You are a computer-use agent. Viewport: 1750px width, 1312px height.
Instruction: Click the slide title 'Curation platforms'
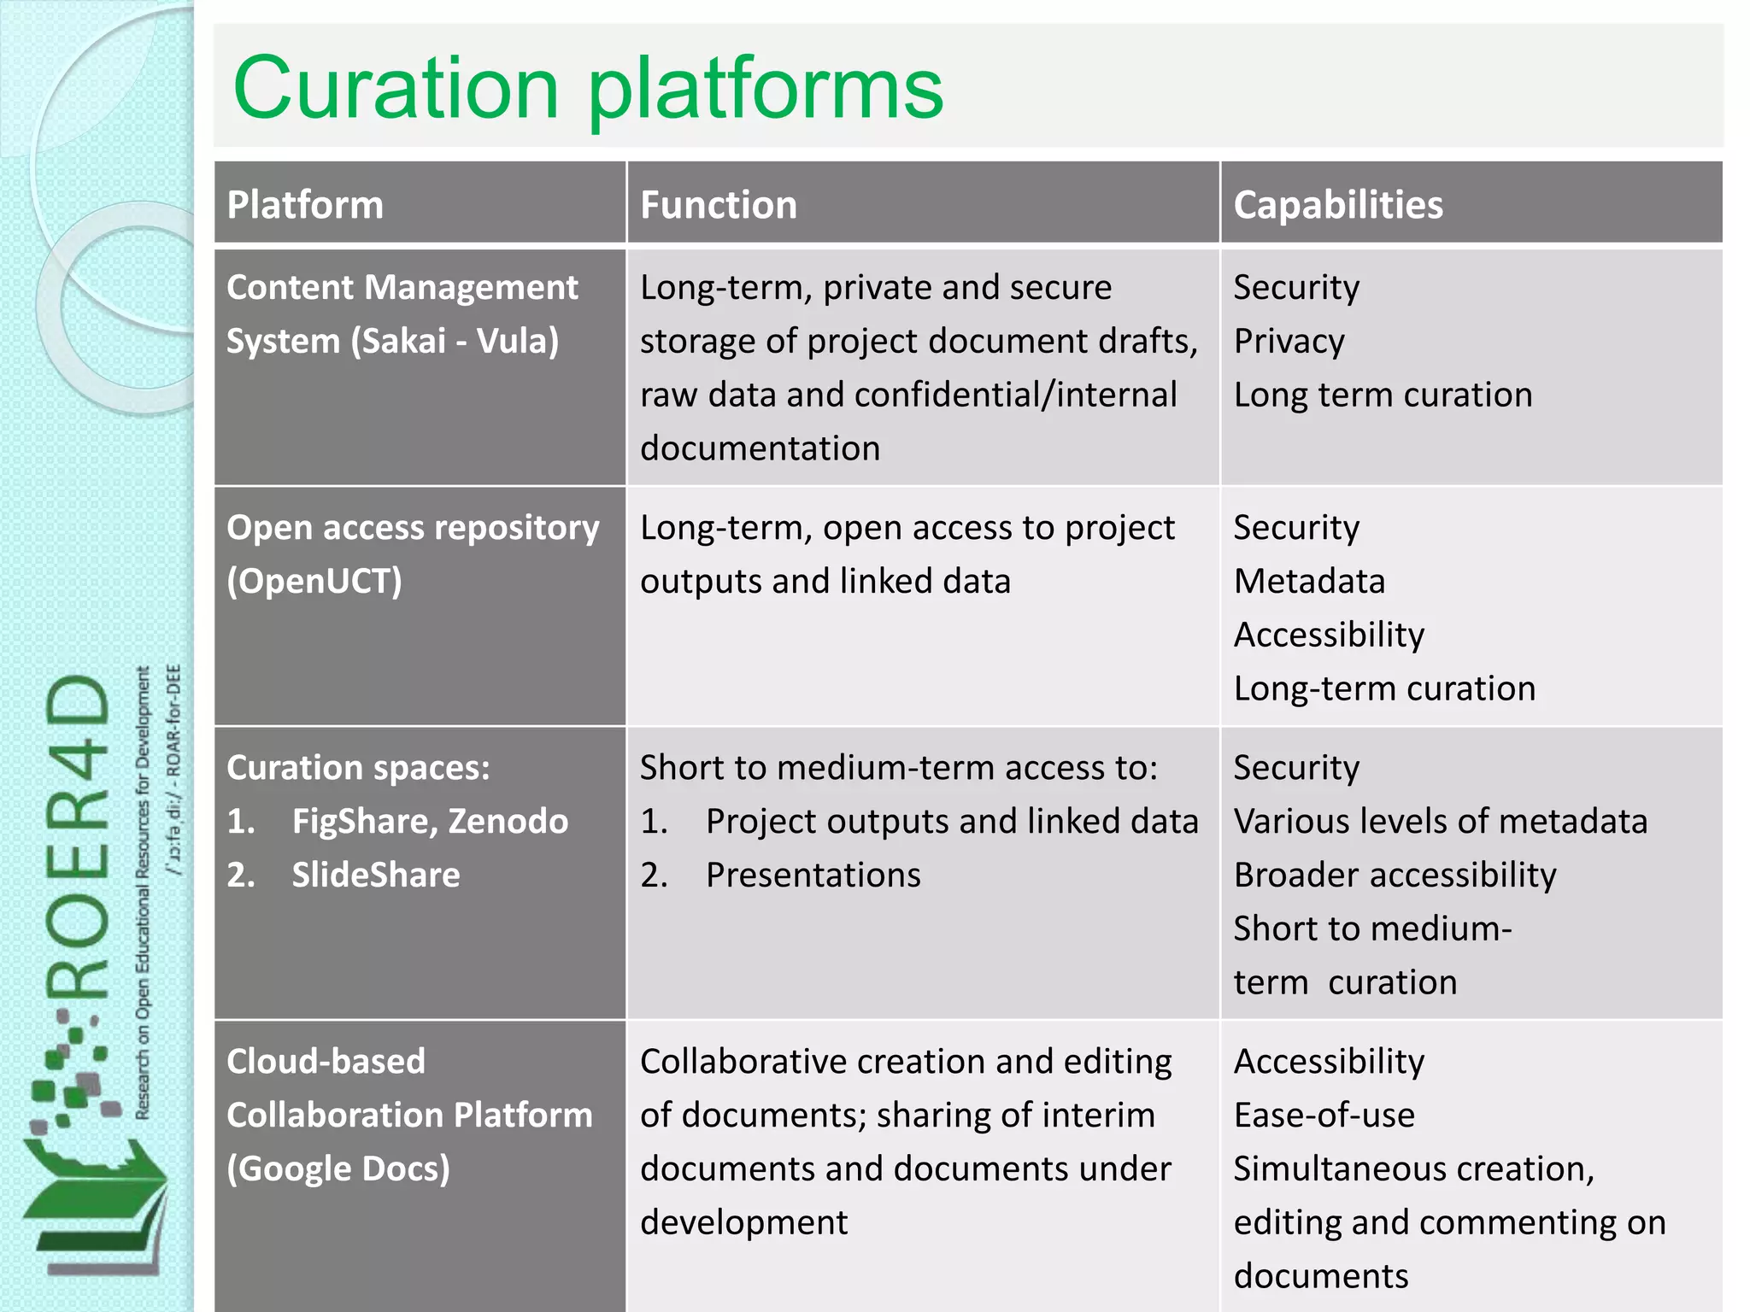[588, 88]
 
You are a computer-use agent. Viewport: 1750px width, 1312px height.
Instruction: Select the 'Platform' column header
[305, 205]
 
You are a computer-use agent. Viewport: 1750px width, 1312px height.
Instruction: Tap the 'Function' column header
[718, 205]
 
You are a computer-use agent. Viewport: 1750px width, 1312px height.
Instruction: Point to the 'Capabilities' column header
[1337, 205]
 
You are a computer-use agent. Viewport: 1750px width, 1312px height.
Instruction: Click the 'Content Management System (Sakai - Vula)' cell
[402, 314]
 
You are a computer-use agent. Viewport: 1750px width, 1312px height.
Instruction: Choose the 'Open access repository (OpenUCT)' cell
[413, 553]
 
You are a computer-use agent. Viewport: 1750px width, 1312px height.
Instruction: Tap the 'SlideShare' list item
[376, 875]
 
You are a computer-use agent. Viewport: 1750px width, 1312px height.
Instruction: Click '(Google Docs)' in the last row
[338, 1168]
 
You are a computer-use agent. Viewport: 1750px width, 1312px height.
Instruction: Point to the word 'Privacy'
[1289, 341]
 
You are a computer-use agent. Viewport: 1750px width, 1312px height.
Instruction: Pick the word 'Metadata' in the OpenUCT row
[1309, 581]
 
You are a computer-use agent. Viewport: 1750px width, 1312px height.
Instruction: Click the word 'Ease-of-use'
[1324, 1115]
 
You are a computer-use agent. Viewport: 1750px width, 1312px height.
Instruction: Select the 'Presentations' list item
[813, 875]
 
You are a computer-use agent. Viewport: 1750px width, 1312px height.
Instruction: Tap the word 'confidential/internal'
[1015, 395]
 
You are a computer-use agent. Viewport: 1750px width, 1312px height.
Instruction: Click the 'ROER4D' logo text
[79, 837]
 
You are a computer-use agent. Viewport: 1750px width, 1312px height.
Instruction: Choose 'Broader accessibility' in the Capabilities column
[1395, 875]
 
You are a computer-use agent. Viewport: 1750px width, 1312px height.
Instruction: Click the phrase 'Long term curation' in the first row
[1383, 395]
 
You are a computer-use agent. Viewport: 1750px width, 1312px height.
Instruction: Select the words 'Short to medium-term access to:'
[898, 767]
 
